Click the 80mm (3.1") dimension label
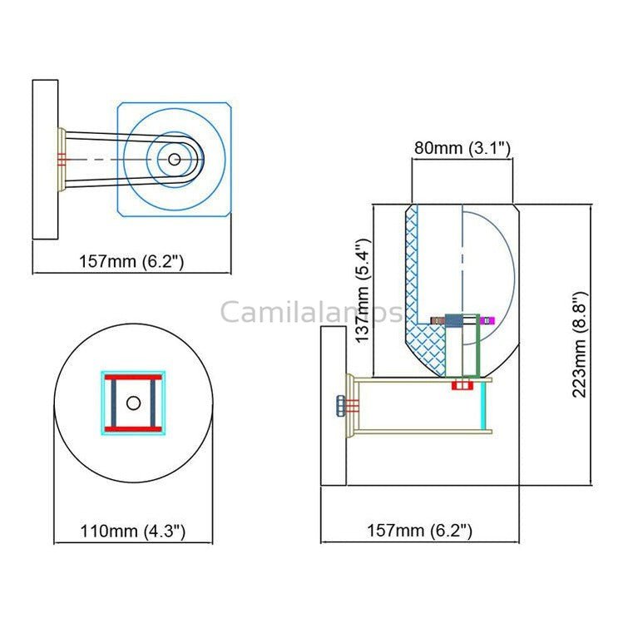point(462,149)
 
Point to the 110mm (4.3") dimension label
point(132,530)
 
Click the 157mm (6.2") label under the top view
point(131,261)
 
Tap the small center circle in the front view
point(133,403)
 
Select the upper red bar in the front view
point(133,378)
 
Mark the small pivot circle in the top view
point(174,159)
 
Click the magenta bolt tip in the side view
point(491,319)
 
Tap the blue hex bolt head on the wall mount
point(341,406)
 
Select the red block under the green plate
point(458,385)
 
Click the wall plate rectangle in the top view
point(45,158)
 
